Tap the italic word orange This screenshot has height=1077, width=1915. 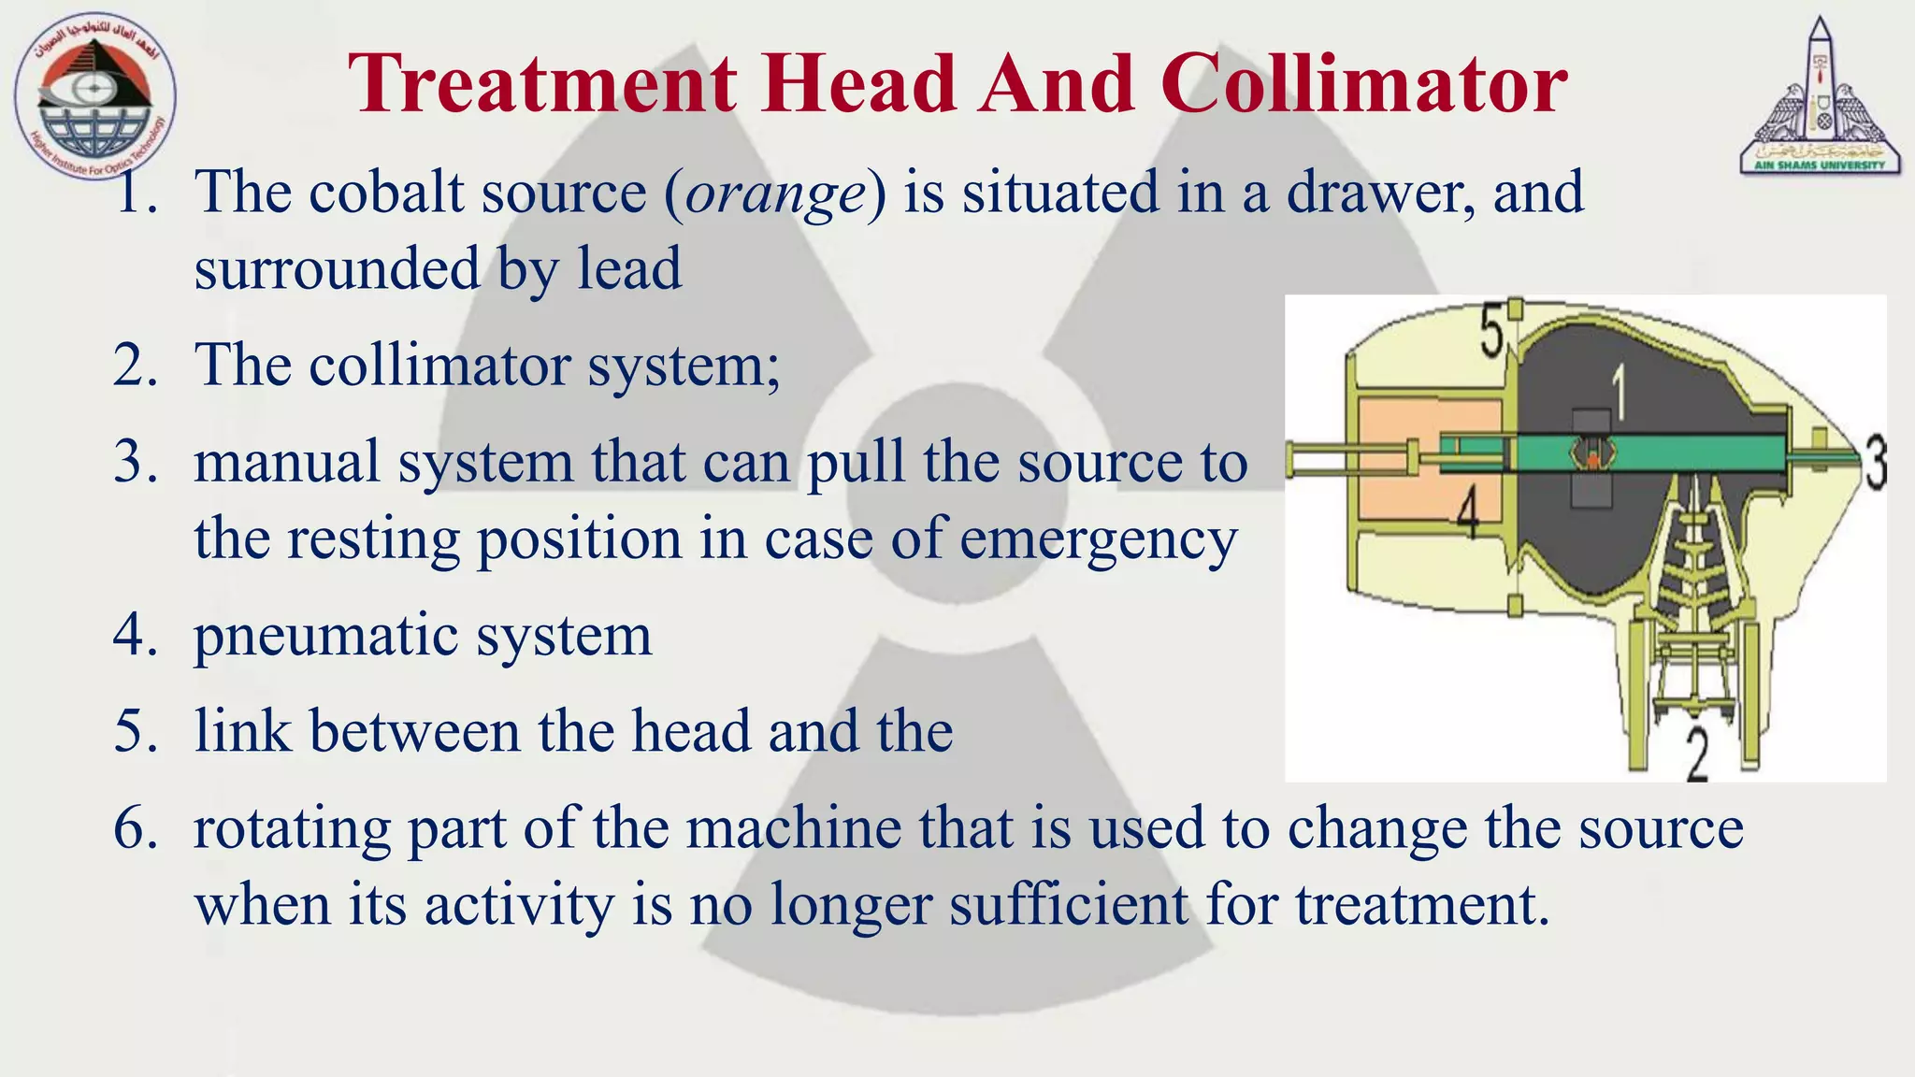pyautogui.click(x=775, y=193)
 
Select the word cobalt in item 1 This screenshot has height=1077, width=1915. pyautogui.click(x=386, y=193)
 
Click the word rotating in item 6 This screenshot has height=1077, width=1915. pyautogui.click(x=291, y=828)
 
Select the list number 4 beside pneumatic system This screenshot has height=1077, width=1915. pyautogui.click(x=135, y=636)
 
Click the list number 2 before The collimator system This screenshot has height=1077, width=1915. pyautogui.click(x=135, y=365)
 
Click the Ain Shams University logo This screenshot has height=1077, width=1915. pyautogui.click(x=1820, y=97)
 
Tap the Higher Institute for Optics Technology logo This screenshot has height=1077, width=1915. pyautogui.click(x=95, y=97)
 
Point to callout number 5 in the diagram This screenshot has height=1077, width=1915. pyautogui.click(x=1490, y=331)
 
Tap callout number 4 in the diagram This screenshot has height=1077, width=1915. pyautogui.click(x=1468, y=515)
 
